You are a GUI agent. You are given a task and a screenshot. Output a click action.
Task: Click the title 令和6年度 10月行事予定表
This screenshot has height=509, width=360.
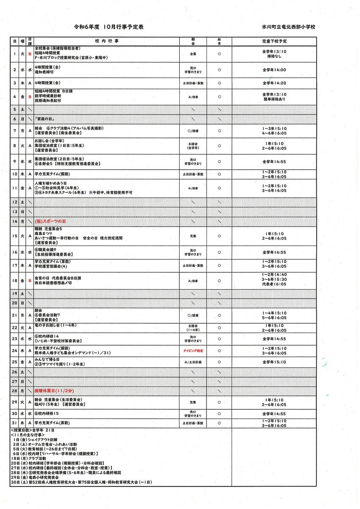109,27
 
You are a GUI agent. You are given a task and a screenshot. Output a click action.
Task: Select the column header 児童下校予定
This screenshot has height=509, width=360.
274,41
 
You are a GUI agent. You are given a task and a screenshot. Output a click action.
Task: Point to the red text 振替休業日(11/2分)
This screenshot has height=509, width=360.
54,390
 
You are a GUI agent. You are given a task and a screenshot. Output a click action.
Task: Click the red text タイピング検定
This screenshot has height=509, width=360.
193,351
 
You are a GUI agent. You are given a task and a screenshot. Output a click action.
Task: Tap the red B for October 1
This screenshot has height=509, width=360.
30,54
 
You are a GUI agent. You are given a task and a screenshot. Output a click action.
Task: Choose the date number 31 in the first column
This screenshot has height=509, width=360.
15,423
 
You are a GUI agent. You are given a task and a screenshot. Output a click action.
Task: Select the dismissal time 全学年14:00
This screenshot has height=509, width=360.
274,70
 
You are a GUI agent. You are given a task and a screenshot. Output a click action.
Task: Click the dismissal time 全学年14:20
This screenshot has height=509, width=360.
274,83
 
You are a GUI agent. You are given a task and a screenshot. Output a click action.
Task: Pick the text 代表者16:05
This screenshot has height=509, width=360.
274,284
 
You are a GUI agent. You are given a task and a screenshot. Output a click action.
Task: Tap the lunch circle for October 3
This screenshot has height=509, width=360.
219,83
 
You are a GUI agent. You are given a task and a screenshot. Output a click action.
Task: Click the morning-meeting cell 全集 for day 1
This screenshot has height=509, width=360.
193,54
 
